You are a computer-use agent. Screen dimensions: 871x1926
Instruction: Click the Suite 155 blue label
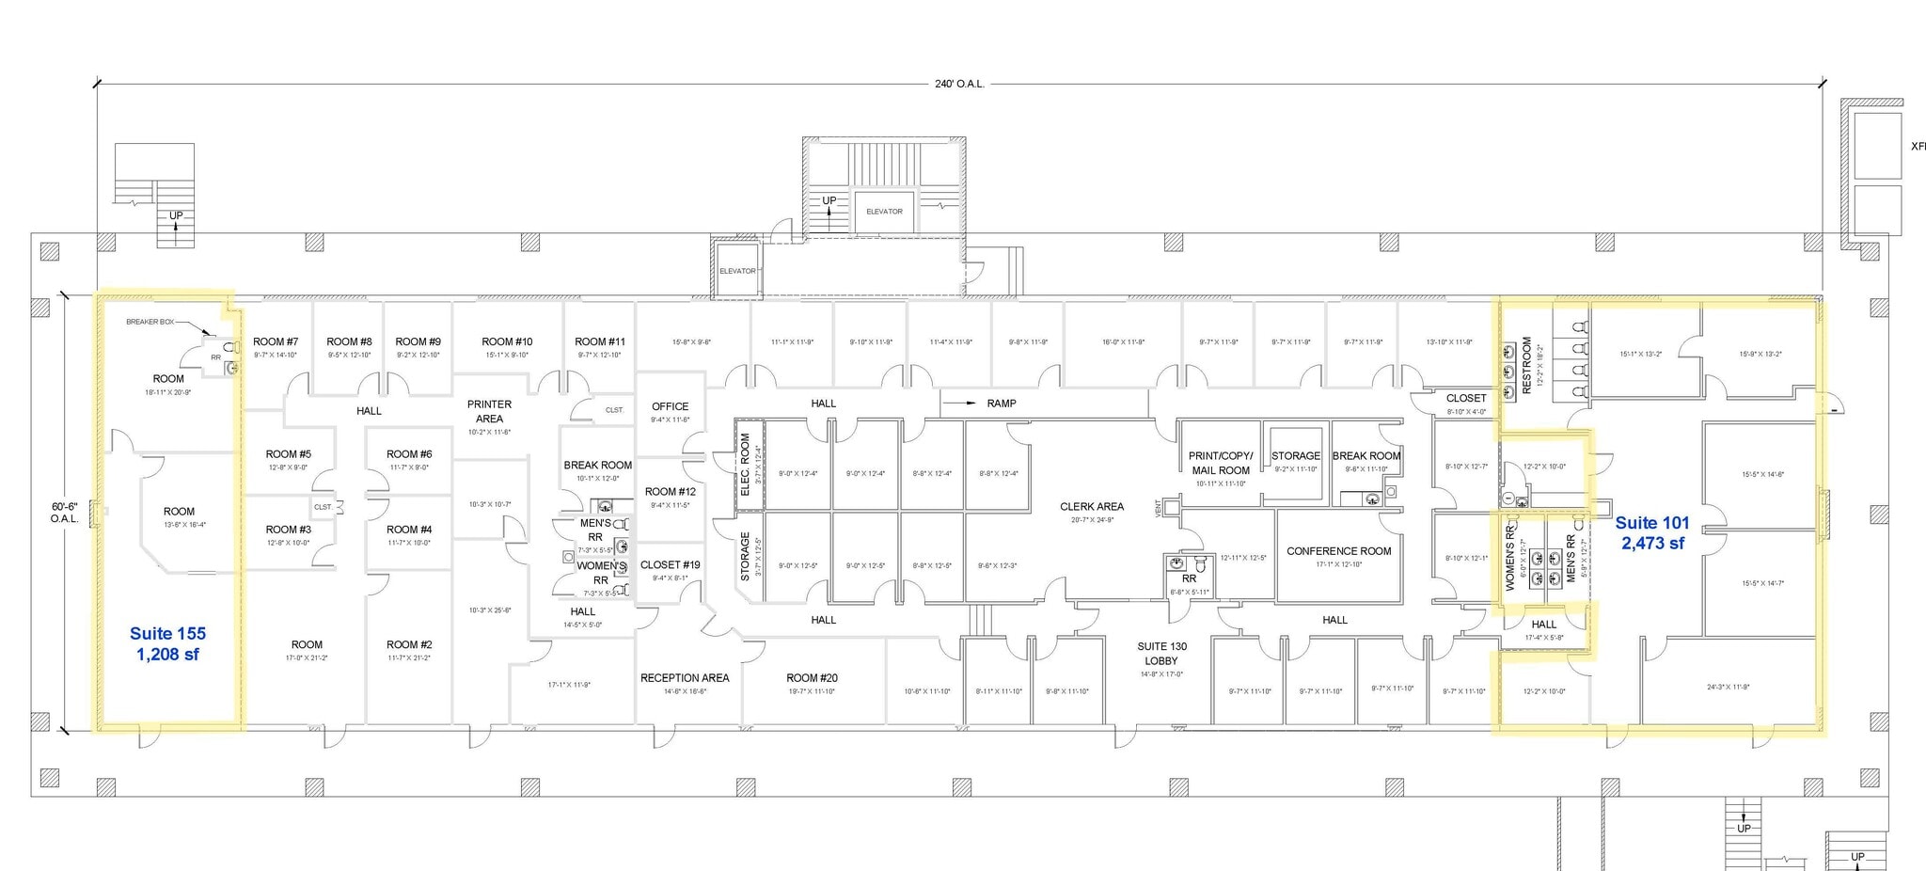click(167, 643)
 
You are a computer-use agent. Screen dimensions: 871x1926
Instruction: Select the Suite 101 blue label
click(1652, 532)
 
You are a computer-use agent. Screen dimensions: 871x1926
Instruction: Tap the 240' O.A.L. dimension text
click(959, 84)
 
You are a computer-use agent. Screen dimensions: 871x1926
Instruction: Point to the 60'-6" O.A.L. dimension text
click(65, 513)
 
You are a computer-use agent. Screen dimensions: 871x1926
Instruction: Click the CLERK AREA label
click(1092, 507)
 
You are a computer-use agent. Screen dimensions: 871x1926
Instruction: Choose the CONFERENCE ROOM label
click(1338, 551)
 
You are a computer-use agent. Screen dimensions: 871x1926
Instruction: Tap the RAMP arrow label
click(1001, 404)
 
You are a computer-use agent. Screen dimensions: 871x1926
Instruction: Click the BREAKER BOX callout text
click(150, 322)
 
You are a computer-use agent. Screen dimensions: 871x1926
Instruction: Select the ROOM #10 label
click(507, 342)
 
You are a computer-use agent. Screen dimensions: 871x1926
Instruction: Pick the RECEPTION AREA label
click(685, 678)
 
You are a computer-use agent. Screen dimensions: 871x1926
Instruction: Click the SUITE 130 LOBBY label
click(1161, 653)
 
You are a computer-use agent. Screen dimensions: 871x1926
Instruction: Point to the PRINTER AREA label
click(489, 411)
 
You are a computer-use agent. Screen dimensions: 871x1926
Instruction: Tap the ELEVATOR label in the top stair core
click(884, 212)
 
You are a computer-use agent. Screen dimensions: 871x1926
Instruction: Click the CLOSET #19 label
click(670, 565)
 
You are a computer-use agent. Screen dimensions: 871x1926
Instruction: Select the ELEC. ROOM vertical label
click(745, 464)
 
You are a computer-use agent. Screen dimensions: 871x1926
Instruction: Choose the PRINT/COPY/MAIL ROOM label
click(1221, 463)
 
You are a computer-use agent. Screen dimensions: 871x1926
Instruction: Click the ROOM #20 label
click(812, 678)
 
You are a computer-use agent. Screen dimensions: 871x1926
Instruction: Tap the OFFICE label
click(670, 406)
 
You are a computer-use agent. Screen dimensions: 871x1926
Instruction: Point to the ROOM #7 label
click(276, 342)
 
